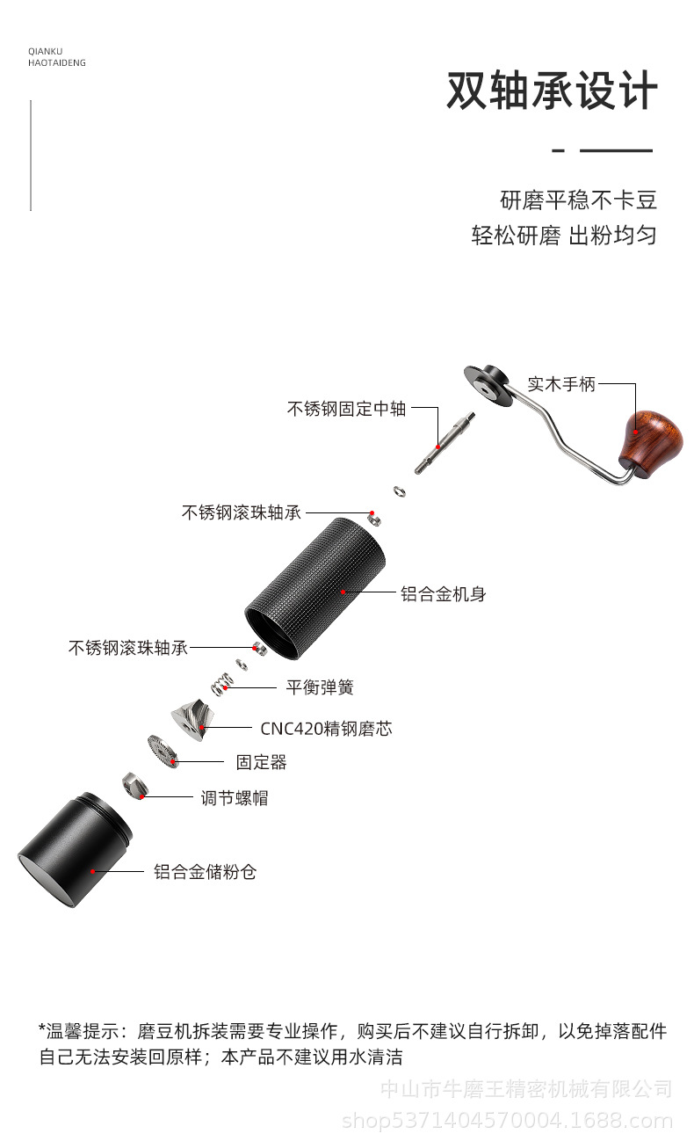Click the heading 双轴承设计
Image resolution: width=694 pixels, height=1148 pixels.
click(552, 91)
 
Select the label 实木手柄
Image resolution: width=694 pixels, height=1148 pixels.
click(561, 384)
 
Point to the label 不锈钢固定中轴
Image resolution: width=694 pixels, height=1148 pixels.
click(346, 409)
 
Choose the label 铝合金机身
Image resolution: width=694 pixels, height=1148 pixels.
click(443, 594)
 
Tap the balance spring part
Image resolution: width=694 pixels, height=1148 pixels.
click(221, 683)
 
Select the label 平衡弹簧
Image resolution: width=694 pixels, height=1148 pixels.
click(320, 687)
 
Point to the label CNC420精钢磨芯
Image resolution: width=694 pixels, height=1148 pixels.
click(326, 728)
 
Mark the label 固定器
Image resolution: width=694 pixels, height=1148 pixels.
click(261, 762)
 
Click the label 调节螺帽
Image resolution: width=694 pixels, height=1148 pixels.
click(235, 798)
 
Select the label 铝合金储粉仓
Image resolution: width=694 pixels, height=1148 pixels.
click(205, 872)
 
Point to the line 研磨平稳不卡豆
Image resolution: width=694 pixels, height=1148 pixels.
click(578, 200)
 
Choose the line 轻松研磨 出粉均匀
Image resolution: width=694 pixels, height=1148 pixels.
click(563, 236)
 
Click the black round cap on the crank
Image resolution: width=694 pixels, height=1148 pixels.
click(486, 385)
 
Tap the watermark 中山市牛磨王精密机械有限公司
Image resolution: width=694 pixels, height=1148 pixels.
click(525, 1090)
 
